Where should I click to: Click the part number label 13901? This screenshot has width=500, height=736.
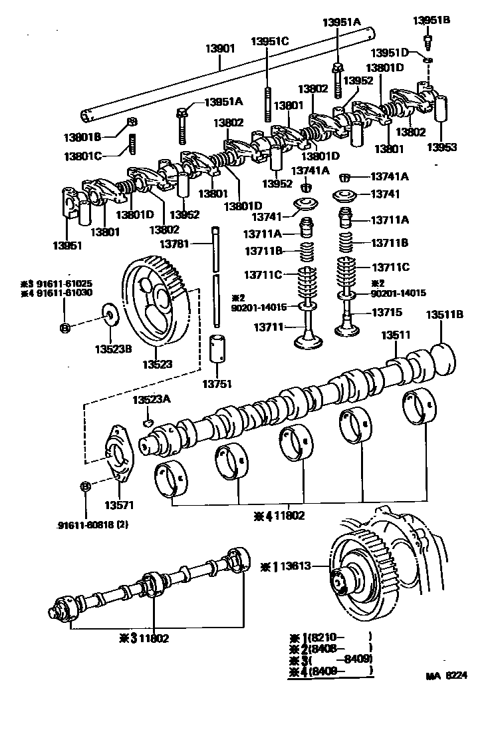(x=220, y=49)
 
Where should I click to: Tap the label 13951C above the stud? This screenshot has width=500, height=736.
(x=269, y=41)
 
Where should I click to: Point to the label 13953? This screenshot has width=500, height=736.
(x=441, y=148)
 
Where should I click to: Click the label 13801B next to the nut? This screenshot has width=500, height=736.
(x=82, y=138)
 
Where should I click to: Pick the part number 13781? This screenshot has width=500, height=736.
(x=175, y=245)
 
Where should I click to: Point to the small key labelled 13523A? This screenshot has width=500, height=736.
(x=149, y=422)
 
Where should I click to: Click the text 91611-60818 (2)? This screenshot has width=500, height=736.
(x=92, y=524)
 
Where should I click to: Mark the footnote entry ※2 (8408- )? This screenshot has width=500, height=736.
(x=330, y=649)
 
